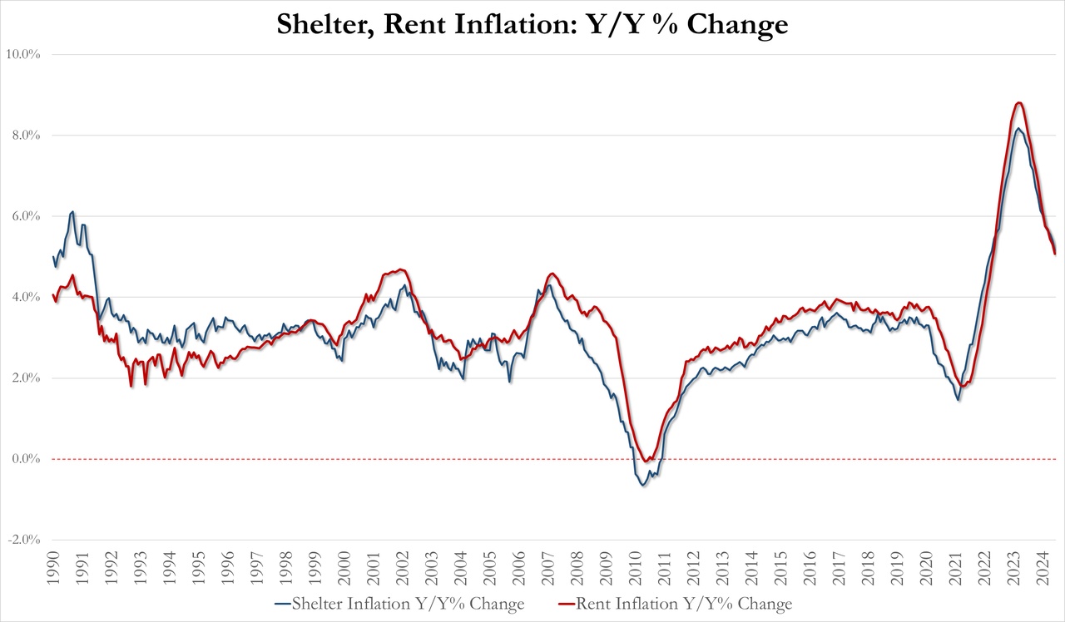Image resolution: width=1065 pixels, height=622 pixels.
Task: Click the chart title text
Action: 532,24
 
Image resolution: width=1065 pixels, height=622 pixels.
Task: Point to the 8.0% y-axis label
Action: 25,135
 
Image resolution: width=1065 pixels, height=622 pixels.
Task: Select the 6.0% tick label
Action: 25,216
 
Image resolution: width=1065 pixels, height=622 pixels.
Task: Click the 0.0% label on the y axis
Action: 25,459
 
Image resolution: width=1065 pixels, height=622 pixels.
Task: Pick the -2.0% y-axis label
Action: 24,540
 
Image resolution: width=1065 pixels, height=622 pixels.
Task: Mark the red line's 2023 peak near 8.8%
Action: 1019,102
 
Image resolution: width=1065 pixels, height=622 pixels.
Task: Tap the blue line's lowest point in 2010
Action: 643,485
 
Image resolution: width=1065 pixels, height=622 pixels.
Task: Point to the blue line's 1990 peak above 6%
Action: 73,211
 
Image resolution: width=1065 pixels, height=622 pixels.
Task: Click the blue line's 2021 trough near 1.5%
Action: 958,400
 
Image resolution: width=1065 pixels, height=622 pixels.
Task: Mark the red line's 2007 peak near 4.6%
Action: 552,273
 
